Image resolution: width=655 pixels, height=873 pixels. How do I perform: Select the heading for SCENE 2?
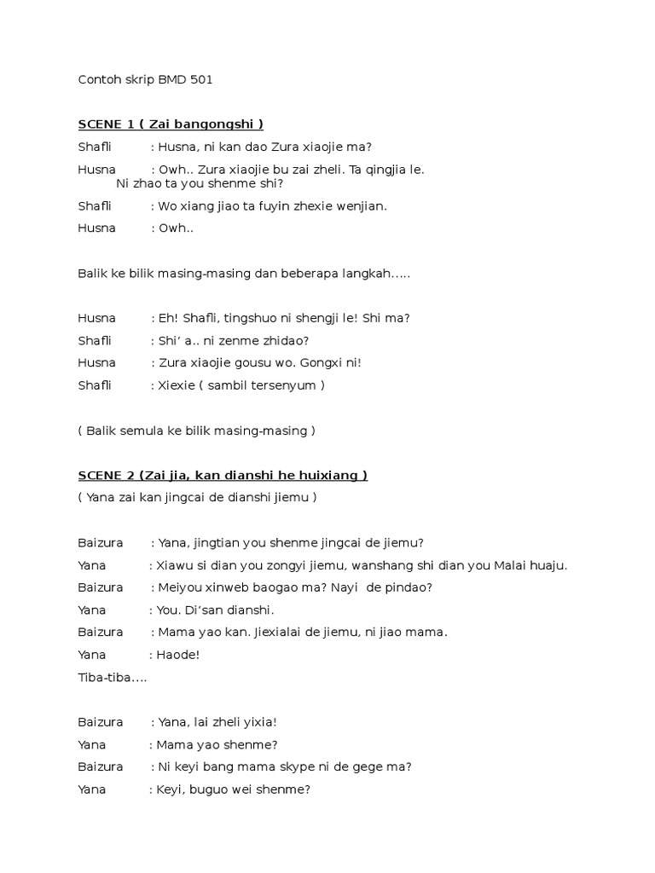pos(223,475)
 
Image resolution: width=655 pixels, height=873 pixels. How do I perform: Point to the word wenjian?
pos(362,205)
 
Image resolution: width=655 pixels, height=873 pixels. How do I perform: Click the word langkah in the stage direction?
pos(370,273)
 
